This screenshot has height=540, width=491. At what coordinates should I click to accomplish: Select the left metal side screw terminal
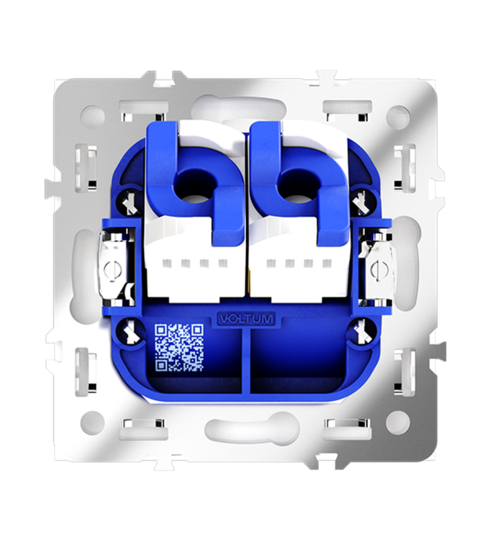coord(111,269)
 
